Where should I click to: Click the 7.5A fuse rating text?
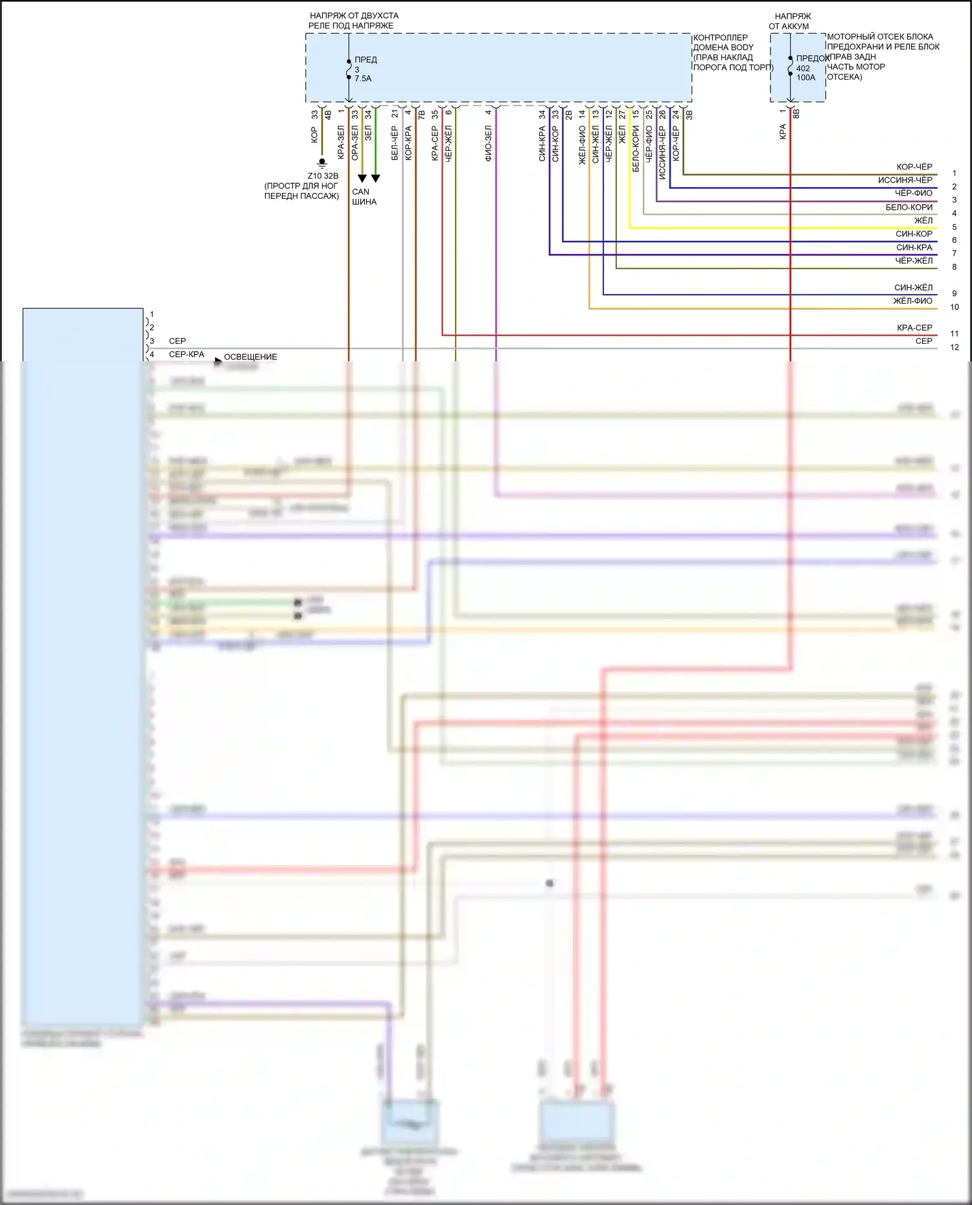pos(363,78)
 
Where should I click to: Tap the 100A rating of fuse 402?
pos(805,78)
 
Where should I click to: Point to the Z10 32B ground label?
pos(323,176)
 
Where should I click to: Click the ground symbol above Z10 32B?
pos(321,163)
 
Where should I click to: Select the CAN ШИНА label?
pos(364,197)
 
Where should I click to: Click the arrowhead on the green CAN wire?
pos(375,178)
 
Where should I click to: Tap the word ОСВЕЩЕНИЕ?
pos(250,357)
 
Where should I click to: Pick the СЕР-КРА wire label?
pos(187,354)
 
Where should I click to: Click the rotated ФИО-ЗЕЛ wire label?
pos(488,143)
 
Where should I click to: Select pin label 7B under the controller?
pos(422,115)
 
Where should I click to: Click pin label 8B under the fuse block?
pos(796,114)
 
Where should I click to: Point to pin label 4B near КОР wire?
pos(328,115)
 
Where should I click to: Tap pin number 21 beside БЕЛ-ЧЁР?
pos(395,114)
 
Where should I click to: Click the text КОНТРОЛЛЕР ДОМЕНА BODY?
pos(723,42)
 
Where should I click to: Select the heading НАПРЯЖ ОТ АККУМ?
pos(791,21)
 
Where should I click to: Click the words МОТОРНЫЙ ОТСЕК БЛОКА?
pos(879,37)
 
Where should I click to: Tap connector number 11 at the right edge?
pos(954,333)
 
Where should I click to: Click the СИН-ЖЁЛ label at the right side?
pos(913,287)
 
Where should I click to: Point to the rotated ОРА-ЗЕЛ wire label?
pos(354,143)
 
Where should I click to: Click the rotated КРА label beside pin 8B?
pos(783,131)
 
